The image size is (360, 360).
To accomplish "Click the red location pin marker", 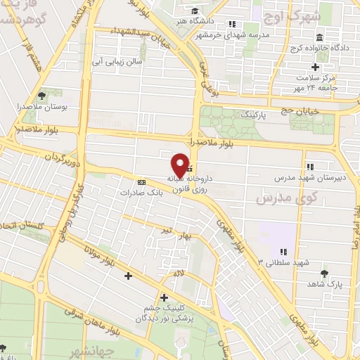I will click(x=181, y=165).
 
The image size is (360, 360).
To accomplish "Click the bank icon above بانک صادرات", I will click(x=141, y=180).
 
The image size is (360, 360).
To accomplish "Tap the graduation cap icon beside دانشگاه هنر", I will click(x=195, y=11).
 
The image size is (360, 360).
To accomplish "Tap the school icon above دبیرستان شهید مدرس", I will click(x=309, y=167).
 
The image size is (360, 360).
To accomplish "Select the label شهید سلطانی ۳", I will click(x=283, y=262).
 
